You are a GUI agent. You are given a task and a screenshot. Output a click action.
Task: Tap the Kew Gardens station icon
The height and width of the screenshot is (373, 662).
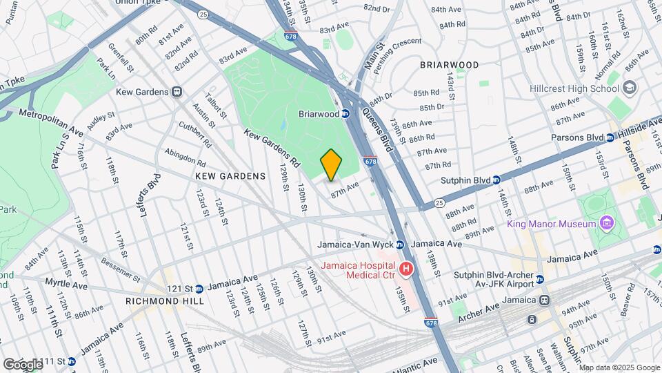(177, 92)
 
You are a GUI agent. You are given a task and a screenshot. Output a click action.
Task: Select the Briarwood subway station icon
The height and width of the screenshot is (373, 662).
(345, 114)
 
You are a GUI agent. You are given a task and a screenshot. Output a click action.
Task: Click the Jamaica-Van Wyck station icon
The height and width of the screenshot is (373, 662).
(400, 245)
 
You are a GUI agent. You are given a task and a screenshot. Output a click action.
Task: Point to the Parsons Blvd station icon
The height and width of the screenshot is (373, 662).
(610, 137)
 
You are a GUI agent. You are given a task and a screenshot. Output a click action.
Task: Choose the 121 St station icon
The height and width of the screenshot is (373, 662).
(199, 289)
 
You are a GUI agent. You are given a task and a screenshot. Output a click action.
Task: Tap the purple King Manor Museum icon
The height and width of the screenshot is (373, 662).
(606, 224)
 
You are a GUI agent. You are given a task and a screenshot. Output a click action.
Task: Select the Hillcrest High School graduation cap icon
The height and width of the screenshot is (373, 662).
(629, 88)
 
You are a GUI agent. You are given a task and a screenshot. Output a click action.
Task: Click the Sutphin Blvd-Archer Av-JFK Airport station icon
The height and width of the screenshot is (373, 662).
(540, 279)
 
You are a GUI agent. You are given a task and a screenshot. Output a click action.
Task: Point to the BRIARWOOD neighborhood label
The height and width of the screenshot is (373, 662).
(450, 65)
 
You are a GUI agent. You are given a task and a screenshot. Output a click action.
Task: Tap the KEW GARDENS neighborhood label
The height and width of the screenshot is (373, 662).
(230, 176)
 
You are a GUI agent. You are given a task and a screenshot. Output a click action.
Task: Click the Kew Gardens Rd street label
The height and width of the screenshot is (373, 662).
(272, 148)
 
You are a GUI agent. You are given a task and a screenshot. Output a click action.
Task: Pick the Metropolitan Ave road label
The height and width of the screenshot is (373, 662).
(51, 122)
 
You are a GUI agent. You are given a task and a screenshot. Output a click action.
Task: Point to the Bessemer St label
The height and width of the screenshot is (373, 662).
(120, 271)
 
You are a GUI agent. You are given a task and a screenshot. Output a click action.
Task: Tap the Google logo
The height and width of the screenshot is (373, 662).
(23, 364)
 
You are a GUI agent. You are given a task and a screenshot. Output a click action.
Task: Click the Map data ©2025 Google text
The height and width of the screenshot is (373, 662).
(619, 367)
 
